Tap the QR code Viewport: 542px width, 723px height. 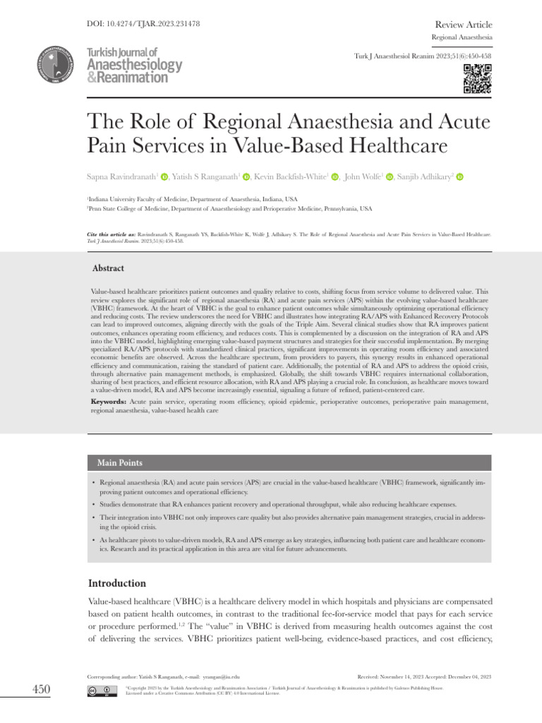coord(478,78)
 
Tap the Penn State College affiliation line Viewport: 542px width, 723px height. coord(229,210)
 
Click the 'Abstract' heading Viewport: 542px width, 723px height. coord(109,268)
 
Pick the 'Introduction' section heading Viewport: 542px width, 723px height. coord(116,583)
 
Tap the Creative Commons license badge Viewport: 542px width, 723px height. coord(102,689)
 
